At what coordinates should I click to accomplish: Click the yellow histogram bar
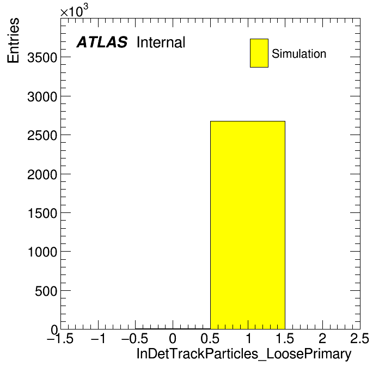point(248,225)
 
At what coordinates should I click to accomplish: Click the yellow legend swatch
point(259,53)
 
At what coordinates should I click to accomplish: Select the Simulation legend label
point(299,54)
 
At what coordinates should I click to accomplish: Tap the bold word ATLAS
point(102,42)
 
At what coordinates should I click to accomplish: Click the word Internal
point(161,42)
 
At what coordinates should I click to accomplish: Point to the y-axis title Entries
point(13,41)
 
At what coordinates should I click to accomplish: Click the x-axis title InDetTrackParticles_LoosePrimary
point(244,354)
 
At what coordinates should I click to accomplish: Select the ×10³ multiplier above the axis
point(74,11)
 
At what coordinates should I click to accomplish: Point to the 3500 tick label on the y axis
point(42,58)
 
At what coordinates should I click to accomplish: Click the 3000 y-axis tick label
point(42,97)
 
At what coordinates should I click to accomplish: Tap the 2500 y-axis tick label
point(42,136)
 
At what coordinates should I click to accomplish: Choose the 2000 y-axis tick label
point(42,174)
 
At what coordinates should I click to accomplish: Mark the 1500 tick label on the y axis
point(42,213)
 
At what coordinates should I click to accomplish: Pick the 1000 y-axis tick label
point(42,252)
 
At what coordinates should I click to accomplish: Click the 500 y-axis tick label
point(46,291)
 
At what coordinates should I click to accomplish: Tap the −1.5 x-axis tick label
point(60,338)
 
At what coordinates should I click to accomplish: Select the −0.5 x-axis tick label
point(135,338)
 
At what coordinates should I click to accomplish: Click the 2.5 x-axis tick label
point(359,338)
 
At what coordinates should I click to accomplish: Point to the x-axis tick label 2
point(322,338)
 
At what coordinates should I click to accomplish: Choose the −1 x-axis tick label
point(98,338)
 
